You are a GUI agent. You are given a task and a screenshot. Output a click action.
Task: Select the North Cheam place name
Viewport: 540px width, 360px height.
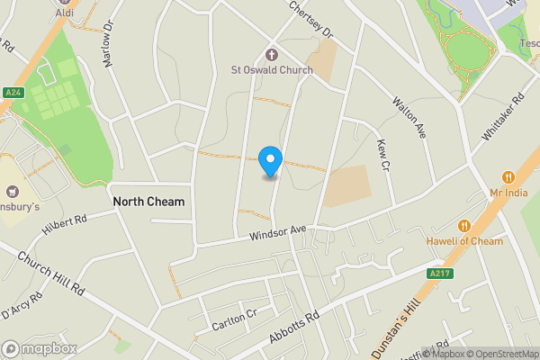(x=148, y=202)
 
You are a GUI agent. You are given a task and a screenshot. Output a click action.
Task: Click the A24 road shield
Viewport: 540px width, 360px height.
(x=13, y=93)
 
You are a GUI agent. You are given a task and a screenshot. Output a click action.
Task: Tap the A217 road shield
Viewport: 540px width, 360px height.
(x=438, y=274)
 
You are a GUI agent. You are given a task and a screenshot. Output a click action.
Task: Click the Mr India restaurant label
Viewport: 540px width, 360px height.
(x=508, y=193)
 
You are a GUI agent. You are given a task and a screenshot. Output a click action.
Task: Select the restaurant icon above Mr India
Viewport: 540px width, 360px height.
(x=508, y=177)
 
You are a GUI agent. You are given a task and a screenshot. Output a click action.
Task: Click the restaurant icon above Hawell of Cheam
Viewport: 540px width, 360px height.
(x=465, y=226)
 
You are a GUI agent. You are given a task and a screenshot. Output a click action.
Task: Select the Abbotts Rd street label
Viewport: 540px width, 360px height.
(x=294, y=328)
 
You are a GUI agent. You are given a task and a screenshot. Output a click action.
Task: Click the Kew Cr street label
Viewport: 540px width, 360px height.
(x=383, y=157)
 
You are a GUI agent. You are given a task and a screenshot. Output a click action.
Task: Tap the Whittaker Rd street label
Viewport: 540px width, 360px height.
(x=502, y=117)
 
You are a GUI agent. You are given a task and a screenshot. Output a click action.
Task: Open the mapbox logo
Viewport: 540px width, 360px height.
(x=40, y=348)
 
